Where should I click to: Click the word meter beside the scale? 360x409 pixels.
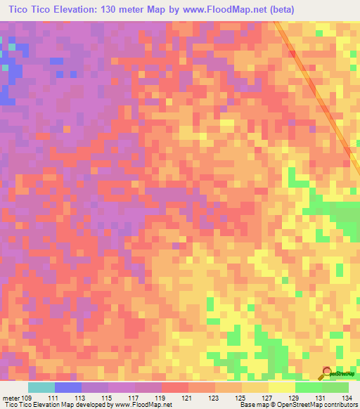[x=11, y=398]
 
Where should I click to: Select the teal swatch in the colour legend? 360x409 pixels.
[x=41, y=387]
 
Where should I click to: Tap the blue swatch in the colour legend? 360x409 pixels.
[x=68, y=387]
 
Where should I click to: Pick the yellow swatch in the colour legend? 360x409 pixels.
[x=282, y=387]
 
